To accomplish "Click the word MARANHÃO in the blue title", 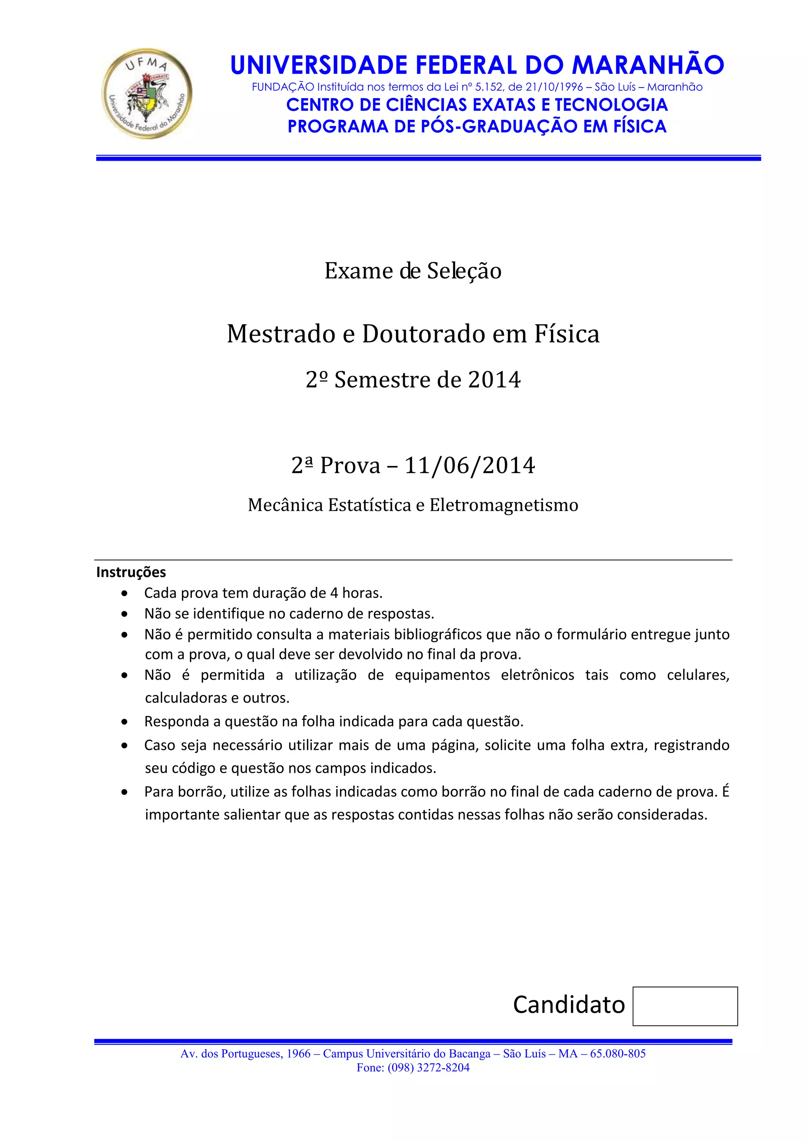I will (x=647, y=65).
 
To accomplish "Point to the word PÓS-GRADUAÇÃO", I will (x=499, y=127).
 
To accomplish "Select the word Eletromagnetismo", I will (x=504, y=505).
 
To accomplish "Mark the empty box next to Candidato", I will (x=685, y=1006).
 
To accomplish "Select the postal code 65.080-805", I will (x=617, y=1054).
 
